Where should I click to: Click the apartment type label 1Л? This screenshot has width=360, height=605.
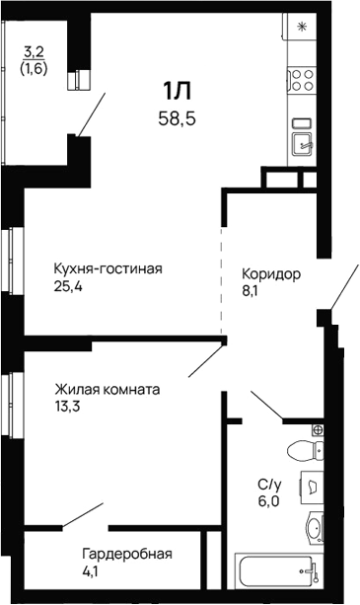tap(177, 93)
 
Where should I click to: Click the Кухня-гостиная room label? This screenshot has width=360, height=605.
tap(108, 268)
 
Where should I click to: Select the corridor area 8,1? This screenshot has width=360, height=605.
tap(251, 292)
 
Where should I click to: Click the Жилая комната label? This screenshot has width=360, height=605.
tap(108, 389)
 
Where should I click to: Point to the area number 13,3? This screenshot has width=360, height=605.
tap(67, 407)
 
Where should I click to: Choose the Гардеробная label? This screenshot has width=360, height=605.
tap(127, 553)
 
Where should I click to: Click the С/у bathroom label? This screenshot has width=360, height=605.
tap(269, 485)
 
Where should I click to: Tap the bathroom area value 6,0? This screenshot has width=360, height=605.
tap(270, 502)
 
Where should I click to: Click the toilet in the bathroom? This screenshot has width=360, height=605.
tap(305, 452)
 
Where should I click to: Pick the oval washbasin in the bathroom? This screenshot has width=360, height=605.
tap(314, 528)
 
